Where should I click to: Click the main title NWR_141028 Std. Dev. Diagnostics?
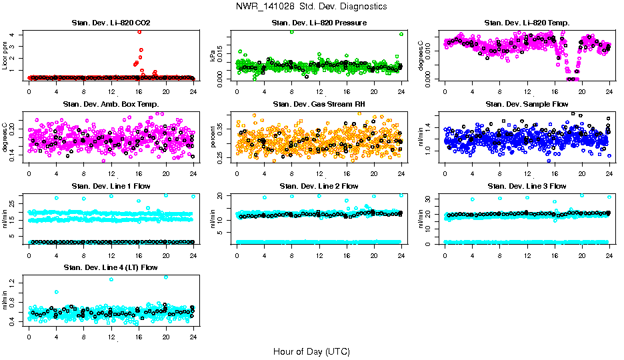(x=311, y=7)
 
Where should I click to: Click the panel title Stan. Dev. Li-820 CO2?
(x=111, y=23)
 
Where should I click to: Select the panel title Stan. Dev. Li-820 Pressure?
(x=319, y=23)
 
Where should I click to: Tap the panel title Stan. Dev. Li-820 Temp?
(x=527, y=23)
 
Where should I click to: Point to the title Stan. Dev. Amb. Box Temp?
(x=111, y=105)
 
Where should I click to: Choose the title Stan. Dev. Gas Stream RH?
(x=319, y=105)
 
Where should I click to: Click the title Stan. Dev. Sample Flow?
(x=527, y=105)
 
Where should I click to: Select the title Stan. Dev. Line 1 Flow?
(x=111, y=186)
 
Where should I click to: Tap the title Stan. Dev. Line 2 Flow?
(x=319, y=186)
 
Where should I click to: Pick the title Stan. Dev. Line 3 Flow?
(x=527, y=186)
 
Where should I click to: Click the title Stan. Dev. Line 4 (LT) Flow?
(x=111, y=267)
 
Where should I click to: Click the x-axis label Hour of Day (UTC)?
(x=311, y=351)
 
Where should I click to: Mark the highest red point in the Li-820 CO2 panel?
(x=139, y=31)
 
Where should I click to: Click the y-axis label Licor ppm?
(x=5, y=55)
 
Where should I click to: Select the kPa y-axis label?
(x=214, y=55)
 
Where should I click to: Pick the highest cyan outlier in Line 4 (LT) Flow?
(x=165, y=277)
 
